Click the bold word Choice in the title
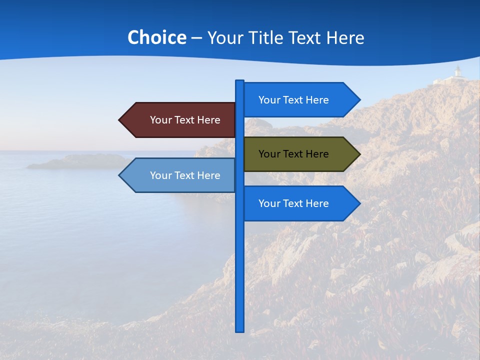(156, 37)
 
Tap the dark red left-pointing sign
(180, 120)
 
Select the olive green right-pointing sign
(300, 154)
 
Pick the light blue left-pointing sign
(180, 175)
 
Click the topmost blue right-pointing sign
(300, 100)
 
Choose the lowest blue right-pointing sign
(300, 203)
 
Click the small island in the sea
(80, 161)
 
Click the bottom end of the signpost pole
(240, 330)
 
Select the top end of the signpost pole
(240, 81)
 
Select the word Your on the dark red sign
(160, 120)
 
